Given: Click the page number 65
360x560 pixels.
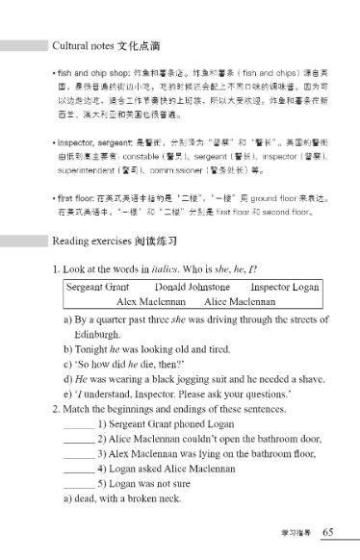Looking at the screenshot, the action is (327, 532).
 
